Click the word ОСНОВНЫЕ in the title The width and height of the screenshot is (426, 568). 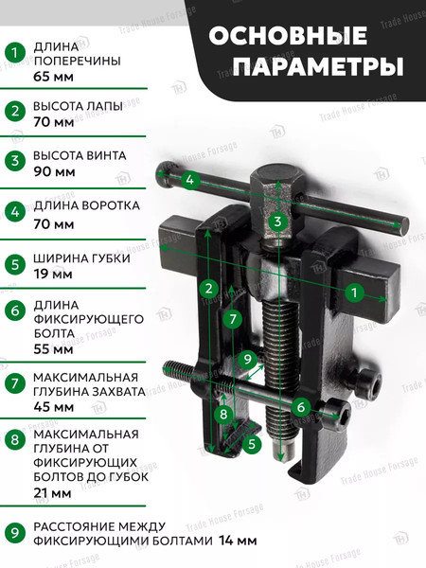click(287, 35)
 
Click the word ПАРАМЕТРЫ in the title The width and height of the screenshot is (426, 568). click(318, 67)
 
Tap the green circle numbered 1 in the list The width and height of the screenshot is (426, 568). click(14, 53)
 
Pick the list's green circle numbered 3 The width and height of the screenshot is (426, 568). click(14, 160)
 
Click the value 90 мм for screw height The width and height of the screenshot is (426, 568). click(53, 174)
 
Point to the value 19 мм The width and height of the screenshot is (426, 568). click(53, 273)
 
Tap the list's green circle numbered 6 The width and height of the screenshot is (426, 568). click(14, 310)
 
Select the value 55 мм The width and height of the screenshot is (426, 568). click(53, 349)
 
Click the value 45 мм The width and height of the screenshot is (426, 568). click(53, 406)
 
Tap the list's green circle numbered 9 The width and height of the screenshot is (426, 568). click(14, 533)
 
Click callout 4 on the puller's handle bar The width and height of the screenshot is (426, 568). click(189, 179)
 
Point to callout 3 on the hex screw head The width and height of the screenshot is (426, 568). click(276, 222)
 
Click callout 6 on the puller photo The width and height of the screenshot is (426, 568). click(301, 407)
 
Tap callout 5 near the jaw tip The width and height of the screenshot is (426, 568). click(253, 442)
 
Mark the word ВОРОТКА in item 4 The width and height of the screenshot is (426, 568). click(110, 204)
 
